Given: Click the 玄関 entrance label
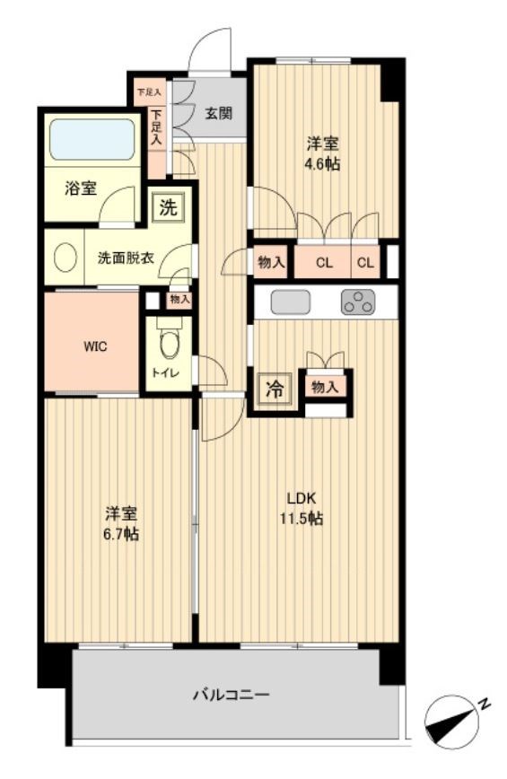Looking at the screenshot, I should pos(218,113).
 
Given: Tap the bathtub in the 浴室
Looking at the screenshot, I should pos(93,139).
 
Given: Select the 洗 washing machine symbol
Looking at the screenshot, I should pos(168,207).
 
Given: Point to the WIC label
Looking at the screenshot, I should pos(97,346).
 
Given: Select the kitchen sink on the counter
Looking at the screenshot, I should pos(290,302).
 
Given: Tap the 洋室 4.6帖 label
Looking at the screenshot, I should pos(323,153).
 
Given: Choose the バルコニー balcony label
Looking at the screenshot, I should pos(231,694).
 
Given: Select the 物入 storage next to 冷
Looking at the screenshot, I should pos(324,388).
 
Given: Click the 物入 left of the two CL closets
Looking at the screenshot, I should pos(271,262).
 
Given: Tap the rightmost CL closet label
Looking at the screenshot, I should pos(365,262).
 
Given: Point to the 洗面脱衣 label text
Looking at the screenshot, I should pos(125,258).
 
